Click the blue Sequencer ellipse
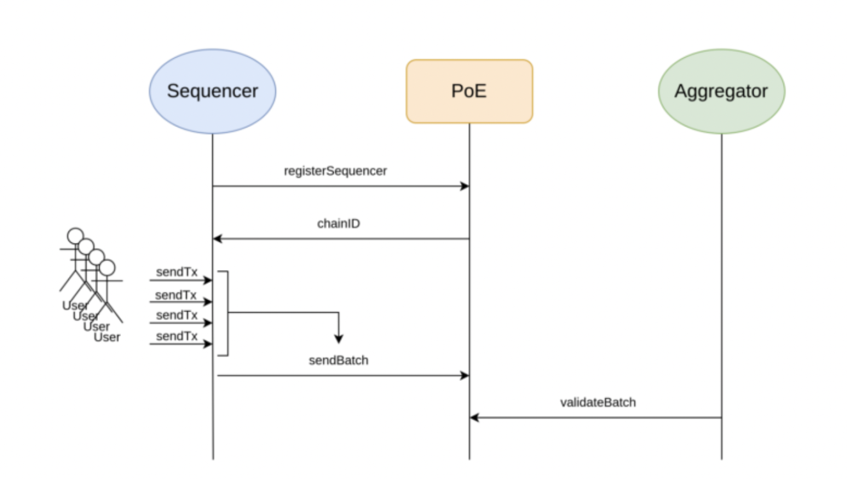[x=212, y=91]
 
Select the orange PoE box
[x=469, y=91]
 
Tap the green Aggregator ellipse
[x=722, y=91]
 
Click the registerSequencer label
[x=335, y=171]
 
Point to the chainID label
[x=338, y=224]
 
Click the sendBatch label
[x=339, y=360]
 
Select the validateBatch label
[x=598, y=403]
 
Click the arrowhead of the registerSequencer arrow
[x=465, y=187]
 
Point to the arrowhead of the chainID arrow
[x=217, y=239]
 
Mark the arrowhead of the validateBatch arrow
[x=474, y=417]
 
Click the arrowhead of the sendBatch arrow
[x=465, y=376]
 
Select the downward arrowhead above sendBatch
[x=339, y=339]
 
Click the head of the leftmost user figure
[x=76, y=235]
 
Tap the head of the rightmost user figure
[x=107, y=267]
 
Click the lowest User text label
[x=107, y=337]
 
